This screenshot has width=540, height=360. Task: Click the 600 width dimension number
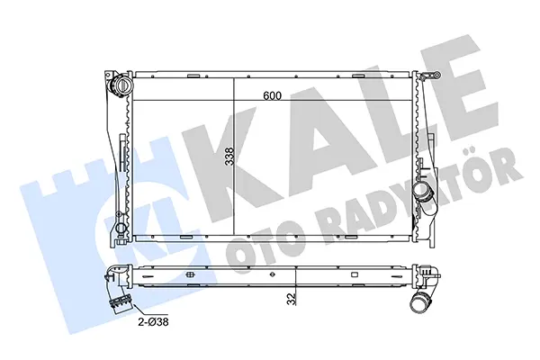point(272,95)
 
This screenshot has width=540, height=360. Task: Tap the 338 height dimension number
point(229,156)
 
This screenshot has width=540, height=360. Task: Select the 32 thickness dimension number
point(292,299)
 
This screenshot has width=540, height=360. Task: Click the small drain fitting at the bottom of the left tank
point(121,229)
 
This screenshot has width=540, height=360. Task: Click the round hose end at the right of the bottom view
point(420,301)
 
